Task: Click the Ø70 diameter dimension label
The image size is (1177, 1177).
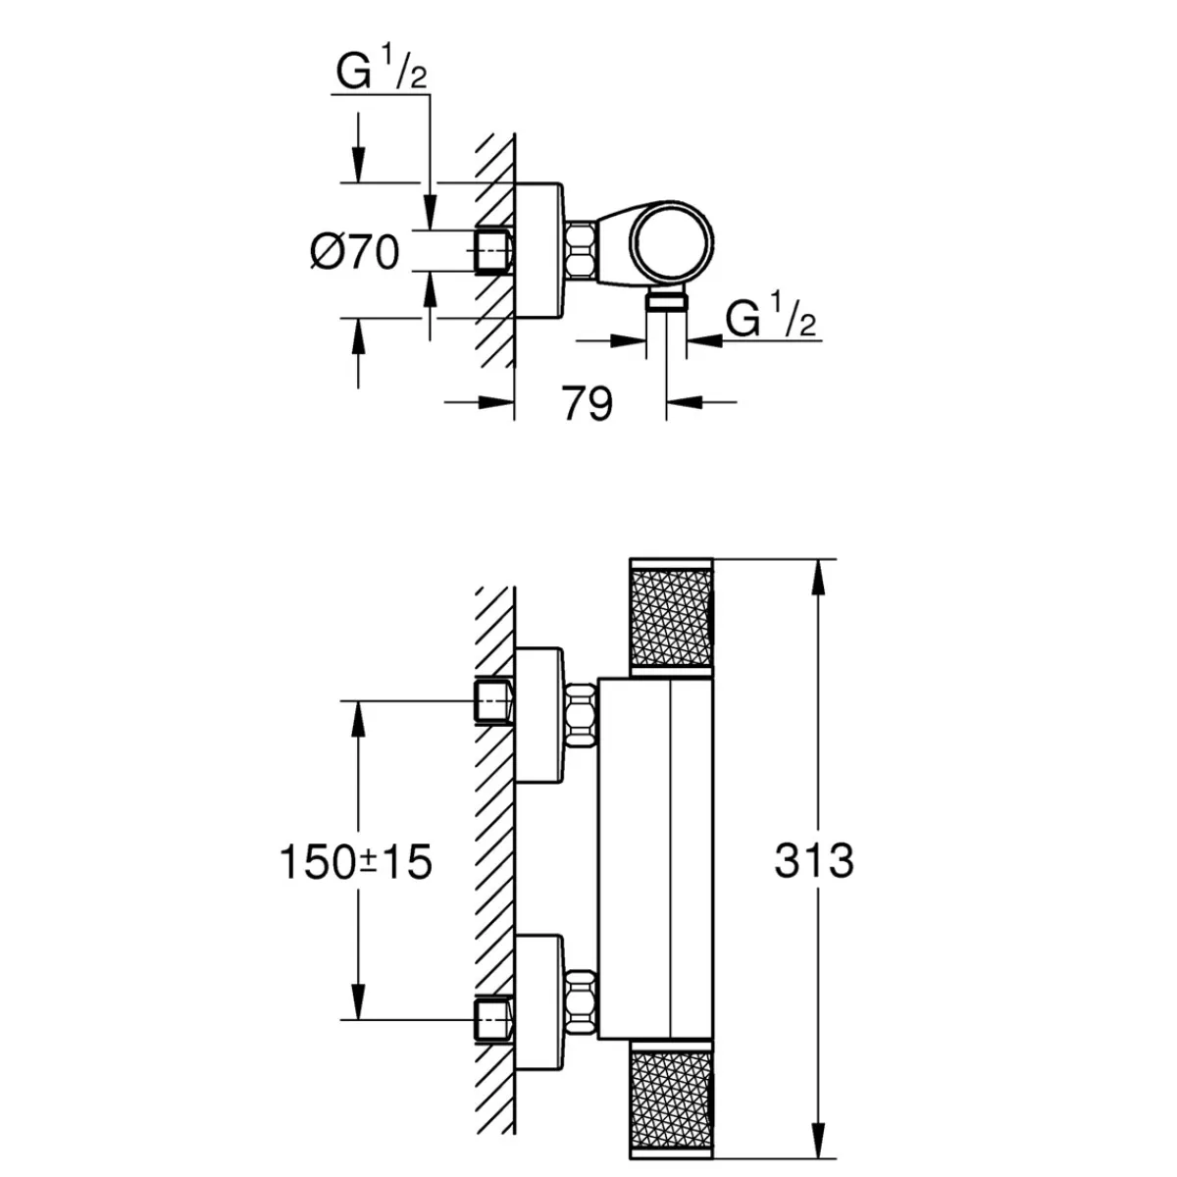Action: (355, 253)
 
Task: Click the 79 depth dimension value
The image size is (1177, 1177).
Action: (588, 402)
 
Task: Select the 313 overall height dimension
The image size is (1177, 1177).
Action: (814, 861)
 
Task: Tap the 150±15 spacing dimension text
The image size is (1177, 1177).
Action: (355, 862)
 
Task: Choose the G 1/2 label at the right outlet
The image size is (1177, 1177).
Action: (772, 321)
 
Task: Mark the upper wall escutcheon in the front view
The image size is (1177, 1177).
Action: (539, 716)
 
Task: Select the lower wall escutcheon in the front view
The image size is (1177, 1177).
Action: (539, 1006)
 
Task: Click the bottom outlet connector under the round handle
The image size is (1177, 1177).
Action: (667, 301)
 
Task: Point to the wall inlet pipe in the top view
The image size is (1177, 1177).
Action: (493, 252)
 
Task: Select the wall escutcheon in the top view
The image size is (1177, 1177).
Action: (539, 251)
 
